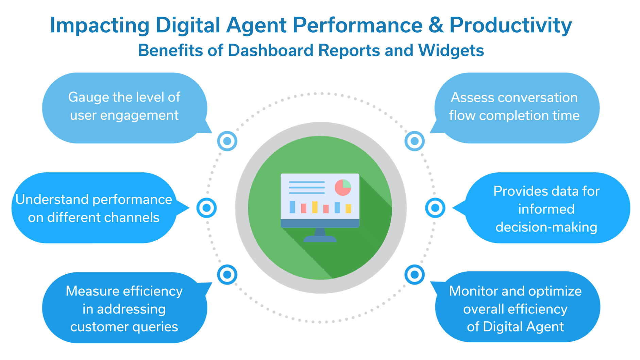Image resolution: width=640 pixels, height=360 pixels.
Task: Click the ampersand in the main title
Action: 436,25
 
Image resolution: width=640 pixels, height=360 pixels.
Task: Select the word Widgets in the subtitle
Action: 451,51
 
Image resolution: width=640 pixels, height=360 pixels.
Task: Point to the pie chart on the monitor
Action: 343,187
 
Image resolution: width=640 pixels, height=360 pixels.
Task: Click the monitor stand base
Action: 320,239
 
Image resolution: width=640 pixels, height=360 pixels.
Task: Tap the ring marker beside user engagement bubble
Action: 227,141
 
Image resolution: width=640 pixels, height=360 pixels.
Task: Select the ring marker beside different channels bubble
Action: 206,208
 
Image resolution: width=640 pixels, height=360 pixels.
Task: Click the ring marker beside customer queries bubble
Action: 227,274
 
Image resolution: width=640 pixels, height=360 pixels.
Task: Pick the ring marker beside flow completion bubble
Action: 415,141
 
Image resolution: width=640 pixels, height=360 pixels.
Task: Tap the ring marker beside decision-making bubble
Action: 435,208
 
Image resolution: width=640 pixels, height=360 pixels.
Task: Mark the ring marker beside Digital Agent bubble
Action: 415,274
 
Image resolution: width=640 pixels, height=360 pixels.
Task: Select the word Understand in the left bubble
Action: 46,200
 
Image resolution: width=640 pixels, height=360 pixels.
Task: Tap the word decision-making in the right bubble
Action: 546,227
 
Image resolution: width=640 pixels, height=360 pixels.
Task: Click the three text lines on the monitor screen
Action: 307,187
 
